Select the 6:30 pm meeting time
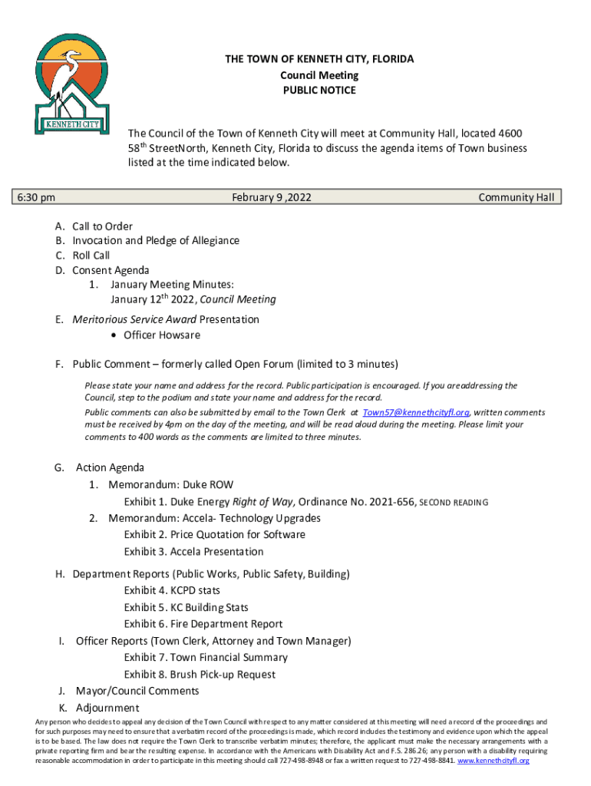coord(37,198)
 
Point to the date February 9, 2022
coord(271,198)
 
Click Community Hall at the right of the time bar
coord(516,198)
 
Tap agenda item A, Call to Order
coord(102,226)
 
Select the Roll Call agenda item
coord(91,256)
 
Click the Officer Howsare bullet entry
coord(161,335)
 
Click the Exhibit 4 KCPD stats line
coord(172,591)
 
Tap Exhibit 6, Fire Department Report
coord(203,624)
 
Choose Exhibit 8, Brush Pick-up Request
coord(200,675)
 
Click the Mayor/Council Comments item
coord(135,691)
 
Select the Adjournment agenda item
coord(106,708)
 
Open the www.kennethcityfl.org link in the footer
coord(494,761)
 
